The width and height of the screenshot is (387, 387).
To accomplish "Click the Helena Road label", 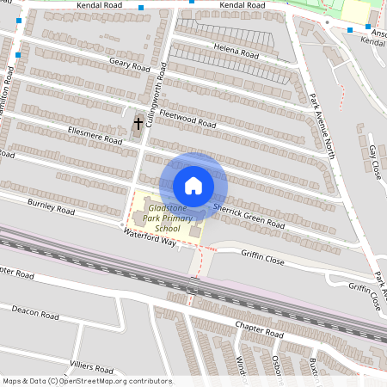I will tap(236, 52).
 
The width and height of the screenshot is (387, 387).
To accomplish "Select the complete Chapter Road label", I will tap(258, 331).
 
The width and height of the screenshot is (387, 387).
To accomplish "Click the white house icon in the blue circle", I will tap(193, 186).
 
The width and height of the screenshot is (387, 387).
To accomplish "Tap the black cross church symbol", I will tap(138, 125).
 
